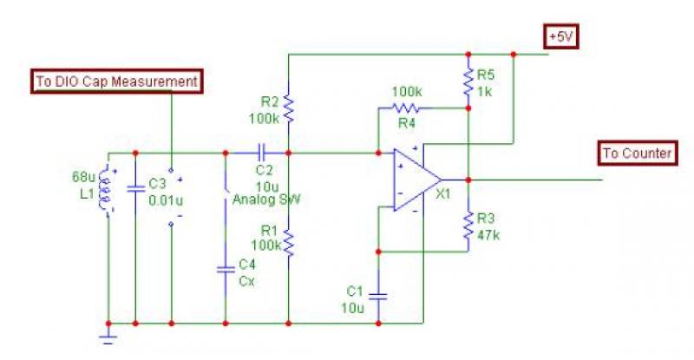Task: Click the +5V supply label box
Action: (x=561, y=37)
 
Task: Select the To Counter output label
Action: (x=638, y=154)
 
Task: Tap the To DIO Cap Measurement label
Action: (x=117, y=82)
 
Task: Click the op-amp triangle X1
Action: (x=417, y=180)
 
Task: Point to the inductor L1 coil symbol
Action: (x=105, y=189)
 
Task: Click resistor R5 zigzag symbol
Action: (x=468, y=82)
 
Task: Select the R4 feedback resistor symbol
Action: (x=405, y=108)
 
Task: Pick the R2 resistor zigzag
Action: (x=289, y=108)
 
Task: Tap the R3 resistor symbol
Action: (x=468, y=226)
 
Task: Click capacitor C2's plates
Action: (x=262, y=153)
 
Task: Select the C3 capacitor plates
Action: (x=135, y=188)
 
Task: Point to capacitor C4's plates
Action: (x=226, y=269)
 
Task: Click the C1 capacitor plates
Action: (x=378, y=296)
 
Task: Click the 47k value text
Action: (x=488, y=235)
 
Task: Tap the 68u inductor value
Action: (x=83, y=177)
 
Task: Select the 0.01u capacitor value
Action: (x=166, y=200)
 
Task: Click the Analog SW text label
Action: (x=266, y=200)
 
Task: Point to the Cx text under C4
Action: (x=246, y=281)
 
